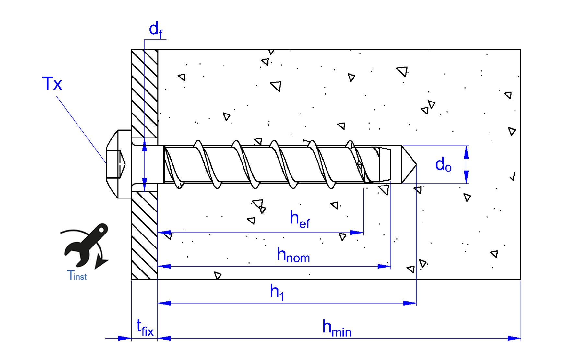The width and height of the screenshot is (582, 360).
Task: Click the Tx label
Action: [x=52, y=84]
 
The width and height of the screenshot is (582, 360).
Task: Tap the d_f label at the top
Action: [x=156, y=30]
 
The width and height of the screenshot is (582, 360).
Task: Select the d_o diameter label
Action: [x=443, y=165]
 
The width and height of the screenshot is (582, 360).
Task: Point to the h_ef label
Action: [x=300, y=219]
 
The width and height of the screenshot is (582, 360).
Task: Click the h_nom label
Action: [x=293, y=255]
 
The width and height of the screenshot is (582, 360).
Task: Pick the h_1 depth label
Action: [x=277, y=292]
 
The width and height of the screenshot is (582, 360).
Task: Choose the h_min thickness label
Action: [x=337, y=328]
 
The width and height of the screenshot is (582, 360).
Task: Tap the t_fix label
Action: [x=145, y=328]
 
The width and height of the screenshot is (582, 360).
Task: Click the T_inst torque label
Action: [x=77, y=275]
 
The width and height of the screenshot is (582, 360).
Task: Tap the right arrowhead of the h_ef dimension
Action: [x=357, y=233]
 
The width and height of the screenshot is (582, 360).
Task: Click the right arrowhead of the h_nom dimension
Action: [x=384, y=266]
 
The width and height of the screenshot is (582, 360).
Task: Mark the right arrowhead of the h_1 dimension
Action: [x=410, y=303]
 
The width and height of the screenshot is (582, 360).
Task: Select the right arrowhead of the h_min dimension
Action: [x=514, y=338]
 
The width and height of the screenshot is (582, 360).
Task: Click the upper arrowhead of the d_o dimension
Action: [x=466, y=152]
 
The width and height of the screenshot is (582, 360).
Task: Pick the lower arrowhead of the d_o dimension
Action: [x=466, y=177]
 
